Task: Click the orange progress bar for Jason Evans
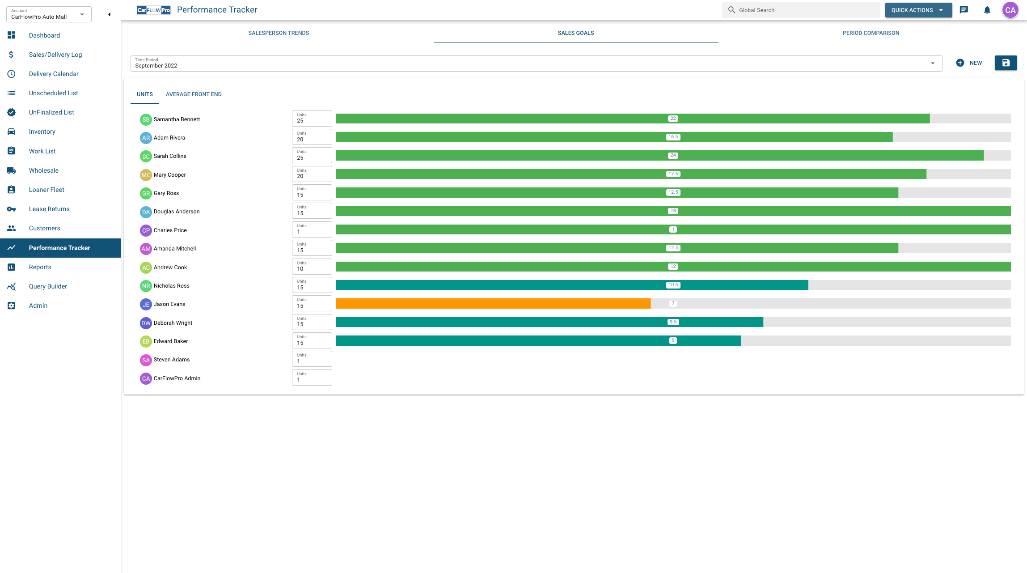point(493,304)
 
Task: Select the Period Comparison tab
point(871,33)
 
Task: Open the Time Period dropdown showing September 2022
point(536,64)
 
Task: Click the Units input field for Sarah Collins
point(312,156)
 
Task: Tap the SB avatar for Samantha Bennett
point(146,119)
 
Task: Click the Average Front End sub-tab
point(193,94)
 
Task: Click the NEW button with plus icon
point(969,63)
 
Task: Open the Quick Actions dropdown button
point(918,10)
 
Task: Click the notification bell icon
point(987,10)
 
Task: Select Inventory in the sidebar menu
point(42,132)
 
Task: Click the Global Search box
point(800,10)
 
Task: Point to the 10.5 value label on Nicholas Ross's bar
point(673,285)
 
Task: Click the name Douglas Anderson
point(177,212)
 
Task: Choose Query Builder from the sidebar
point(48,286)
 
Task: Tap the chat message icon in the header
point(964,10)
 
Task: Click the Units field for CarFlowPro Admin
point(312,378)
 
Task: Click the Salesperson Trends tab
point(279,33)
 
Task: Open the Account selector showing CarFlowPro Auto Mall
point(48,14)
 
